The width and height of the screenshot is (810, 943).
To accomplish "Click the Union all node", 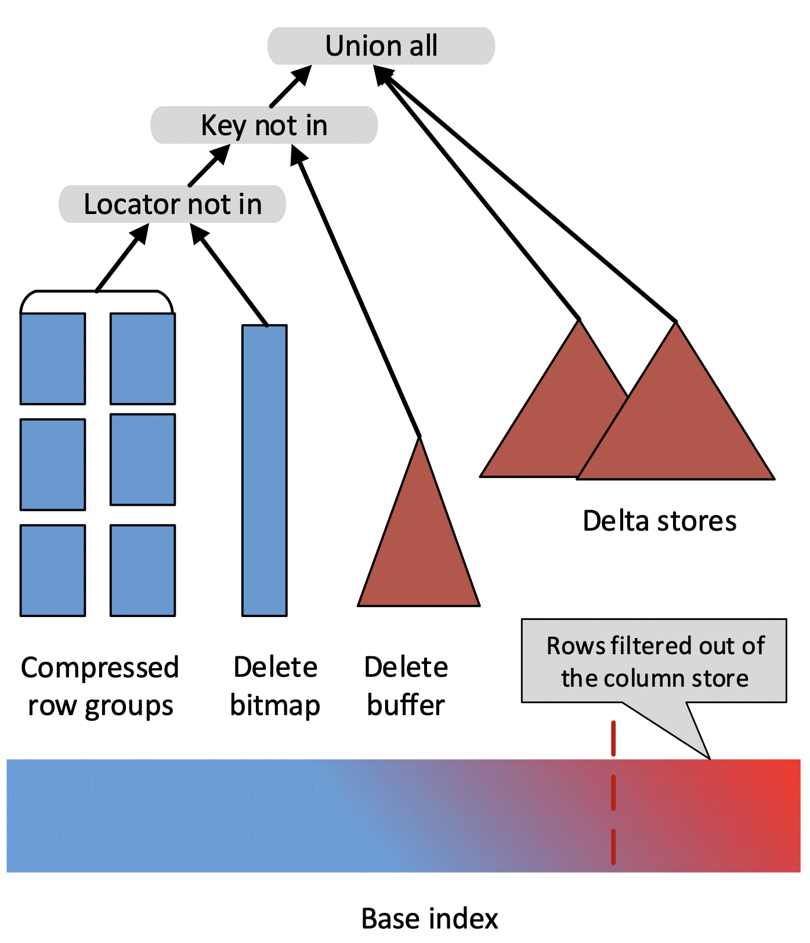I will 381,46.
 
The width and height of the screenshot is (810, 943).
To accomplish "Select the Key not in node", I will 264,125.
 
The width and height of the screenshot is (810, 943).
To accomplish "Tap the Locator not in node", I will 172,204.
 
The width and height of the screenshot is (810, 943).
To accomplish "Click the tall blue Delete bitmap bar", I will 265,470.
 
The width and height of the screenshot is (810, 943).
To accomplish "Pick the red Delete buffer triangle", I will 419,557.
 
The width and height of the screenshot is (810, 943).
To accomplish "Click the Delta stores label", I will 659,521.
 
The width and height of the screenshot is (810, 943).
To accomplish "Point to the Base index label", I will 429,919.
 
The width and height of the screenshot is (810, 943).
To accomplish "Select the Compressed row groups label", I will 100,687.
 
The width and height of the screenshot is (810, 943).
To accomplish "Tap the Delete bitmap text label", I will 275,687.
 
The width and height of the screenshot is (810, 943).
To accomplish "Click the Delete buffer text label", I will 406,687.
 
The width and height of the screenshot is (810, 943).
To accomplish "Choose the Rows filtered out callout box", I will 654,661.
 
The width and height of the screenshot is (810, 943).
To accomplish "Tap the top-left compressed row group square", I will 53,358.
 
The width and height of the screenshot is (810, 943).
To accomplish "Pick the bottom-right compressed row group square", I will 143,570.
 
